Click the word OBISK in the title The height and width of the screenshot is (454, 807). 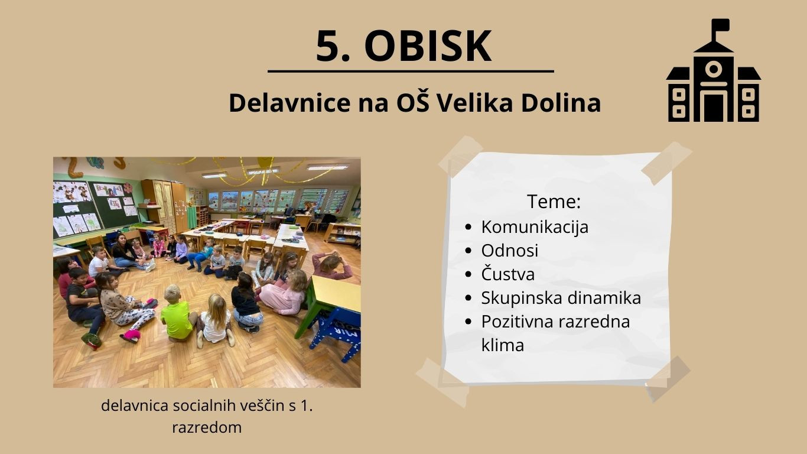click(x=427, y=46)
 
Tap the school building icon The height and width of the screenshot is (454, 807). click(x=713, y=77)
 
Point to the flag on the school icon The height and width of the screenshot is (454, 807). click(x=720, y=25)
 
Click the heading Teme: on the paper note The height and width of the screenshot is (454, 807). click(x=554, y=202)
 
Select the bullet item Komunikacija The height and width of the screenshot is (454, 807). click(x=535, y=226)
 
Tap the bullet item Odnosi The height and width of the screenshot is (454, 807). click(x=509, y=250)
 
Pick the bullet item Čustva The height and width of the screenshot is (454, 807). click(x=507, y=274)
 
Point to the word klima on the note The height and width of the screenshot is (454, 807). click(x=502, y=345)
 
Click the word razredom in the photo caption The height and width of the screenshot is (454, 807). click(x=207, y=427)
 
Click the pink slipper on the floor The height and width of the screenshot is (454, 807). click(x=131, y=335)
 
